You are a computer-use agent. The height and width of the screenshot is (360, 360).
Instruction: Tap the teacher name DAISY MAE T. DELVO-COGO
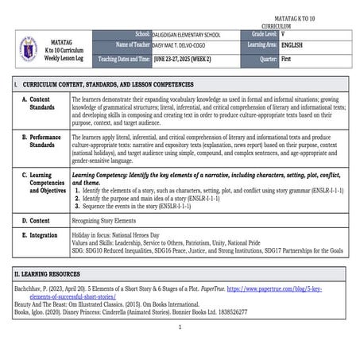pos(184,46)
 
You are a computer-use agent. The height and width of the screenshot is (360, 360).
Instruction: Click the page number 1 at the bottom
pos(180,327)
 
